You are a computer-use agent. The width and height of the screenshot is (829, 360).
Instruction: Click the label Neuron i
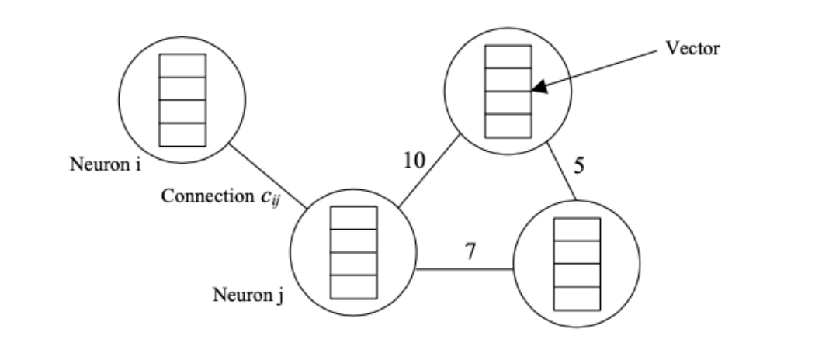[106, 164]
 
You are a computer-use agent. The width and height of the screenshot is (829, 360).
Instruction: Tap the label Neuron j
[248, 295]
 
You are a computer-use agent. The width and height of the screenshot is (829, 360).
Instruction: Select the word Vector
[692, 48]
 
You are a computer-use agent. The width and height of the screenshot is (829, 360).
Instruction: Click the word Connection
[208, 196]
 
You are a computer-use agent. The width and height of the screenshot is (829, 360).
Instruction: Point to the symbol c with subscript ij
[270, 198]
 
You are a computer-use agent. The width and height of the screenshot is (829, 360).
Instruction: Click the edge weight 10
[414, 160]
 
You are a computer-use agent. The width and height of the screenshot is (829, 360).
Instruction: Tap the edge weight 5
[579, 166]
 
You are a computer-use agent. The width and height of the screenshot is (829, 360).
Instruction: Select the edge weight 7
[470, 251]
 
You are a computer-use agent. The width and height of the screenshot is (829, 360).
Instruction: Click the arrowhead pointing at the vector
[539, 87]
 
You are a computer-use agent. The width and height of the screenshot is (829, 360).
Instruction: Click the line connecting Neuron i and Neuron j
[268, 175]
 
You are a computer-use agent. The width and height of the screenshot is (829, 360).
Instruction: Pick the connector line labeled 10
[429, 171]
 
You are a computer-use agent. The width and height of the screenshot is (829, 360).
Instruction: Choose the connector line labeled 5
[561, 171]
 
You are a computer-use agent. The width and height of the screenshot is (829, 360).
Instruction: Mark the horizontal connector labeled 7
[465, 269]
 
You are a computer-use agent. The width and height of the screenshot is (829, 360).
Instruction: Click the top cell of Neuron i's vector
[182, 65]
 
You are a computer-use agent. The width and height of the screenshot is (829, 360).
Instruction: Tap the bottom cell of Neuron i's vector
[182, 135]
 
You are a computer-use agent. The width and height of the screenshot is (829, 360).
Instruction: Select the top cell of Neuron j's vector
[354, 218]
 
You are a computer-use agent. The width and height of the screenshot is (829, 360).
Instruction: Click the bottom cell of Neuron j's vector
[354, 287]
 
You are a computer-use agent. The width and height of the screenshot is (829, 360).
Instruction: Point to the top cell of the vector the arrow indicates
[508, 57]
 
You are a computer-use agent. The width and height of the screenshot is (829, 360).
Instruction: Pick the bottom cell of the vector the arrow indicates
[508, 126]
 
